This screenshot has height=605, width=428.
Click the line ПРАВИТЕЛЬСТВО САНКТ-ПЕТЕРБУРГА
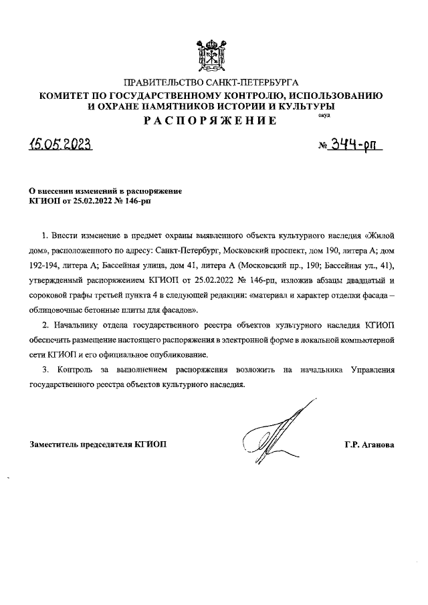(214, 84)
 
